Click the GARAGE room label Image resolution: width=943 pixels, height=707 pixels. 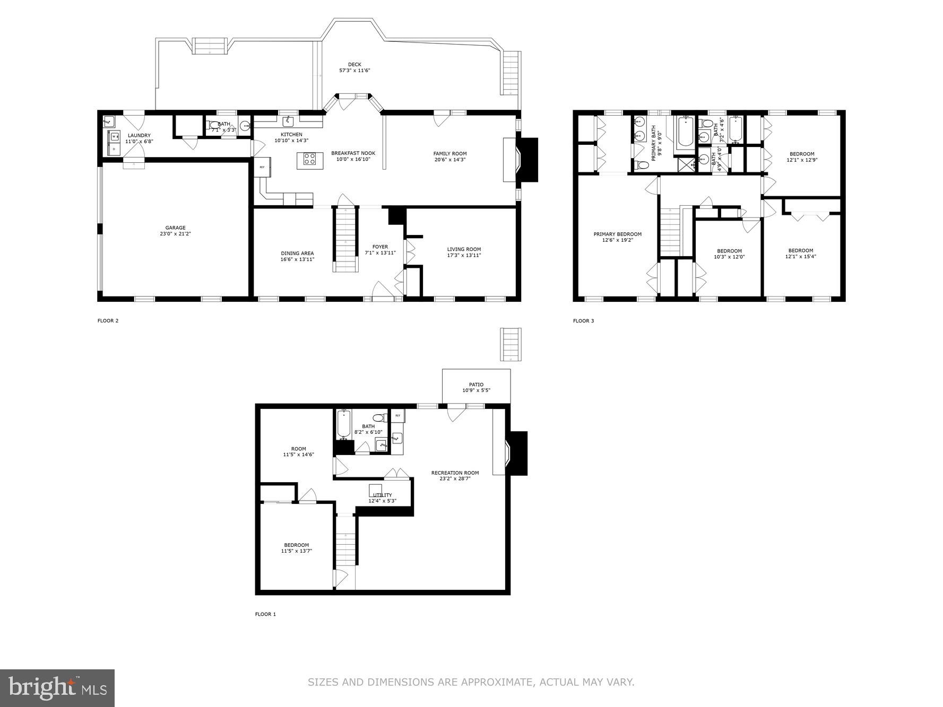[x=175, y=228]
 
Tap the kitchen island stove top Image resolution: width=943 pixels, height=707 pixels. [x=310, y=158]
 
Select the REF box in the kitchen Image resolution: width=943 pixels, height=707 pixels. [x=262, y=167]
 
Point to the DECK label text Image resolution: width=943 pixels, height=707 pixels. [x=354, y=65]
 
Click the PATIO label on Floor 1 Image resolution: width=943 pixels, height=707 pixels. [x=476, y=385]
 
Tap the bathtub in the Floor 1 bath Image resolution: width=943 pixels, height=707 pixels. [x=343, y=424]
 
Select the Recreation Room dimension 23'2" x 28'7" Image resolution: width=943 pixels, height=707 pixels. [x=455, y=478]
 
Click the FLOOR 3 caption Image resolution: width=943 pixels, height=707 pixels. [x=583, y=321]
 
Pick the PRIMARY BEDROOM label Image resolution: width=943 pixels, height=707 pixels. [x=617, y=234]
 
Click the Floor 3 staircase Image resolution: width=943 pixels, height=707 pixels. [x=671, y=232]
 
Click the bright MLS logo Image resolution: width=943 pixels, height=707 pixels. [x=57, y=688]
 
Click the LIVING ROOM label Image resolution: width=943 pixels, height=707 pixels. [x=464, y=249]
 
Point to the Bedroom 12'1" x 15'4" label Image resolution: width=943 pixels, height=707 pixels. [x=800, y=254]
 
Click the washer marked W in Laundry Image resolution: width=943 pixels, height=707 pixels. [x=114, y=136]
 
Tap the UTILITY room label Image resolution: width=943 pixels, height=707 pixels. [x=382, y=495]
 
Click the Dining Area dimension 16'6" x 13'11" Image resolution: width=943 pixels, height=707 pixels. [x=297, y=259]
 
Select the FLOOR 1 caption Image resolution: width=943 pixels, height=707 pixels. [x=265, y=614]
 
